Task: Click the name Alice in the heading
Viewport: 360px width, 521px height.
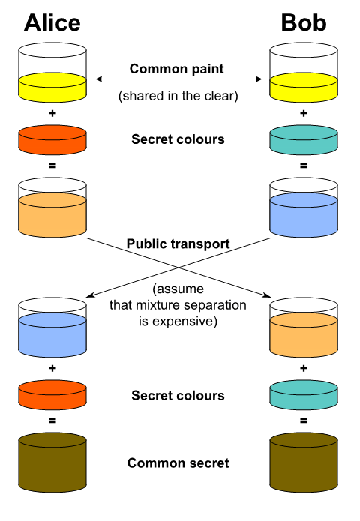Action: click(x=52, y=23)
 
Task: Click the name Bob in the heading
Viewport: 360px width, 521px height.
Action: click(x=304, y=23)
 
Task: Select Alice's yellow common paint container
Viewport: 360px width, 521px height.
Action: click(x=52, y=73)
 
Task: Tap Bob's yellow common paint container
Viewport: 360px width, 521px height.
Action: click(x=304, y=73)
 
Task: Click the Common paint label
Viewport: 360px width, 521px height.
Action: click(x=176, y=69)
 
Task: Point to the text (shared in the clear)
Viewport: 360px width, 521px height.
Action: click(x=178, y=96)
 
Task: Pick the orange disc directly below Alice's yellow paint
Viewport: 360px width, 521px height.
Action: click(x=52, y=140)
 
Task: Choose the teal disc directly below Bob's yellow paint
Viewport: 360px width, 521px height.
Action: click(x=304, y=140)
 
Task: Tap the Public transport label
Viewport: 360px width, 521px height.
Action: click(x=178, y=244)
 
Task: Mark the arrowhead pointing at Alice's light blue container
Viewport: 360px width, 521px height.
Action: click(x=88, y=295)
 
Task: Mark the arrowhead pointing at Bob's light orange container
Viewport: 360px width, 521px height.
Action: click(x=268, y=295)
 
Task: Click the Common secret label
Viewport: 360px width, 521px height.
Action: click(x=178, y=463)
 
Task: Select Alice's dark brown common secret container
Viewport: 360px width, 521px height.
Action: click(x=52, y=463)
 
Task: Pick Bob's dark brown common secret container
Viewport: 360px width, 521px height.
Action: click(x=304, y=463)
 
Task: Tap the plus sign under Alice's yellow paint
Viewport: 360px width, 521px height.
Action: click(x=52, y=114)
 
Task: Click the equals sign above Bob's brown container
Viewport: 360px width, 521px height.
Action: click(x=304, y=421)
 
